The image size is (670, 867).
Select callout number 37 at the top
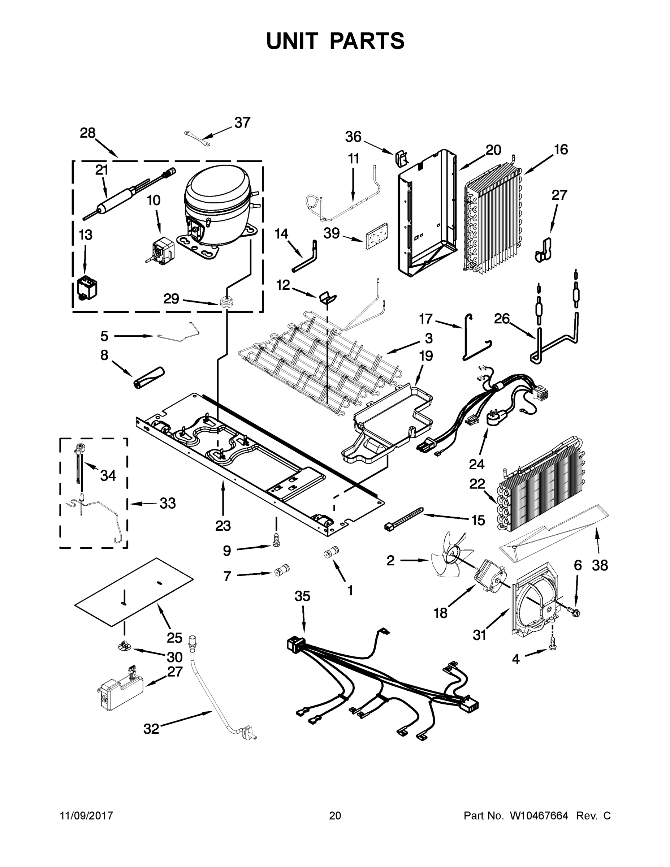242,123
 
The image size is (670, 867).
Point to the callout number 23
223,526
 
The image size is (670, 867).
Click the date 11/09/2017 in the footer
86,816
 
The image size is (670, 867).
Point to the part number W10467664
539,816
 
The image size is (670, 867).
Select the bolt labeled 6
573,613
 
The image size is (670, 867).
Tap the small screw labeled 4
552,647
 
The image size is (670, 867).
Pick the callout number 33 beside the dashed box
167,503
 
